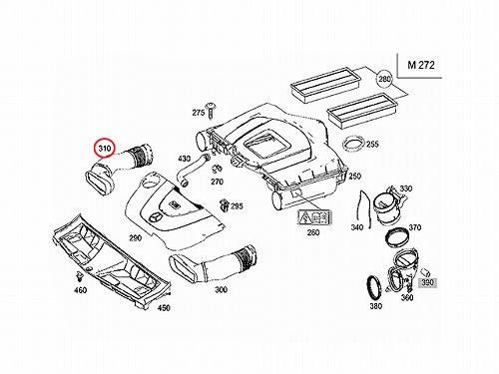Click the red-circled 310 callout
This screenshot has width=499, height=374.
point(104,148)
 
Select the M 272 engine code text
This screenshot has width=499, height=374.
point(421,65)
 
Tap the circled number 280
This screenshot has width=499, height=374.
point(384,79)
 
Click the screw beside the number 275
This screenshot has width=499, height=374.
point(211,110)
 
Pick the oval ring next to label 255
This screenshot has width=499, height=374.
point(353,145)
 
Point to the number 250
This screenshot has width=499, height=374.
point(354,176)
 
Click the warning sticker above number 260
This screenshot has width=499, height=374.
point(314,217)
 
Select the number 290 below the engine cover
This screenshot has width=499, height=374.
point(136,238)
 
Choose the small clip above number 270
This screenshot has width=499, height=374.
point(218,169)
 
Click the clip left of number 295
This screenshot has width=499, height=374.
point(225,206)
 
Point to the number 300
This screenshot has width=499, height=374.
point(221,289)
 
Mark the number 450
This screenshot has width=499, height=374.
point(164,308)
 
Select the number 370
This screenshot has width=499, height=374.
point(415,227)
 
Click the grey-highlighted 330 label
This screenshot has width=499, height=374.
point(427,282)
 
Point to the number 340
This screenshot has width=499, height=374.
point(356,227)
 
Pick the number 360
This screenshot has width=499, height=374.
point(407,298)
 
